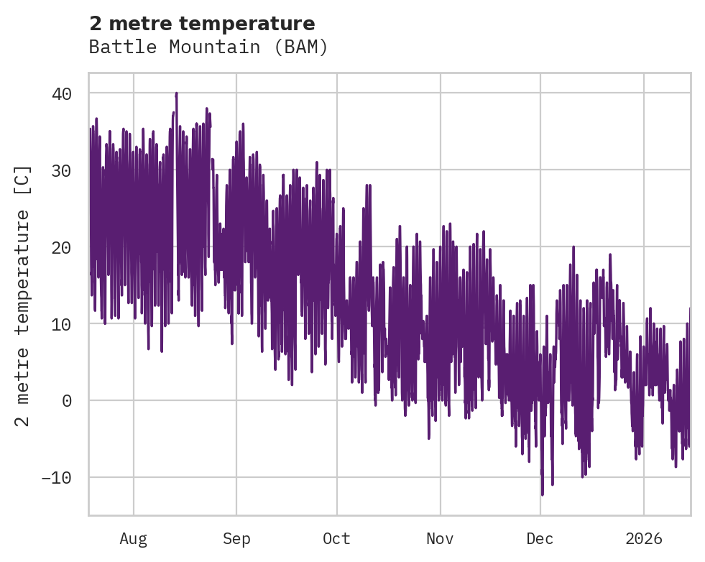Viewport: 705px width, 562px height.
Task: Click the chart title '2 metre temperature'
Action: pos(202,24)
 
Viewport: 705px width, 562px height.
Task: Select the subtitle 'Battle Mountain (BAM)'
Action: pos(208,47)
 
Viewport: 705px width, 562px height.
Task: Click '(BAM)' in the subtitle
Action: pos(302,47)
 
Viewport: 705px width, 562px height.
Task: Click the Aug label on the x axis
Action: pos(133,538)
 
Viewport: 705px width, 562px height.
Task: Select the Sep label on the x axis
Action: pos(236,538)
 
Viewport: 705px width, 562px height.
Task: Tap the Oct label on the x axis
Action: pos(336,538)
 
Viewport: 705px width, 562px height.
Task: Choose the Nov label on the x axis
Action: pos(440,538)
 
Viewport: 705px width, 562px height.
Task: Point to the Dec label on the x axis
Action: pos(540,538)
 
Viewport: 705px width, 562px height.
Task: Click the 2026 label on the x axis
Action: pos(644,538)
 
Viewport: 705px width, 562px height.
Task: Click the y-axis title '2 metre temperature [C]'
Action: pos(24,295)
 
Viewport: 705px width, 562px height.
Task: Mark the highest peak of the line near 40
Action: pos(176,93)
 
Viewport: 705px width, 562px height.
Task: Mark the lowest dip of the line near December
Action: pos(542,494)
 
